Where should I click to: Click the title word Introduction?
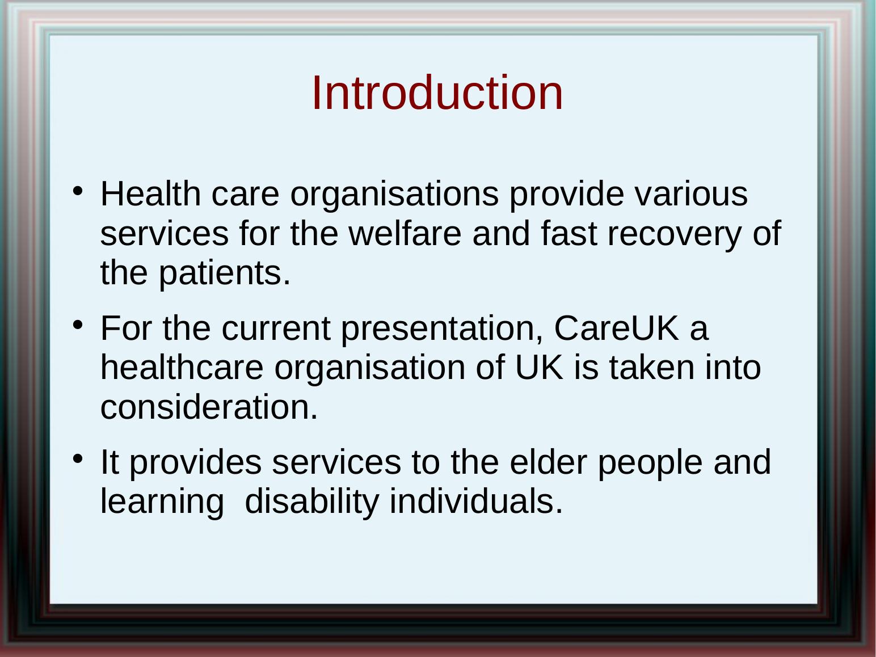(x=437, y=92)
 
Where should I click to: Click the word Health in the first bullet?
(x=150, y=194)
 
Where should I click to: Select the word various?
(x=691, y=194)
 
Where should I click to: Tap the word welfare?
(x=405, y=233)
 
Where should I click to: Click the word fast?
(x=569, y=233)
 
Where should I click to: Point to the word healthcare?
(x=182, y=367)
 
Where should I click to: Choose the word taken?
(x=652, y=367)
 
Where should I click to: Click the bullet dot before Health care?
(x=78, y=191)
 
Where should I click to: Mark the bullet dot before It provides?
(x=78, y=459)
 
